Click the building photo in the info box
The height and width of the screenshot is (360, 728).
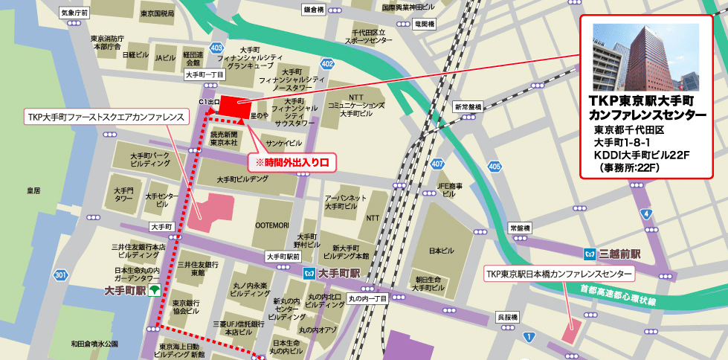coord(645,57)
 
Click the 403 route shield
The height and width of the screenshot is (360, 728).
coord(216,48)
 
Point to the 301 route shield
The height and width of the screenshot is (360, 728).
coord(61,276)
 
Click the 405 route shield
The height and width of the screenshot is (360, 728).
coord(495,166)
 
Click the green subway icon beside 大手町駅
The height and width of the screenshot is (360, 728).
coord(154,289)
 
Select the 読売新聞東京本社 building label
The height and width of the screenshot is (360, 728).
coord(224,138)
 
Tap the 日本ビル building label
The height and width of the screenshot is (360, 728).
coord(442,251)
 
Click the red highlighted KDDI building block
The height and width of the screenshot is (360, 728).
coord(236,107)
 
